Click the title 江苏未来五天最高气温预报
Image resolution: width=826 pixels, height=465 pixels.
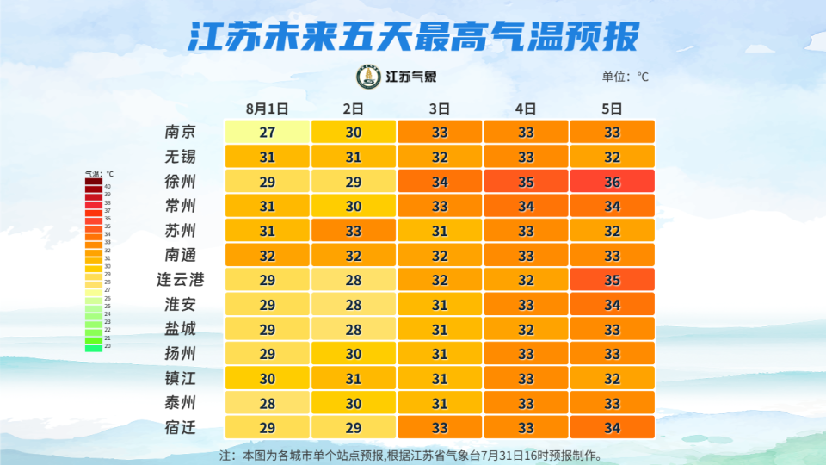pyautogui.click(x=413, y=36)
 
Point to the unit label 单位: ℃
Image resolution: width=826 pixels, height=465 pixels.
pyautogui.click(x=626, y=77)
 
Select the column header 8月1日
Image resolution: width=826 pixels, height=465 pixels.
pyautogui.click(x=267, y=108)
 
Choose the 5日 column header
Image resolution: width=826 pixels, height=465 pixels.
pyautogui.click(x=612, y=108)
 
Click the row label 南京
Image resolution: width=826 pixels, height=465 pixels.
pyautogui.click(x=180, y=132)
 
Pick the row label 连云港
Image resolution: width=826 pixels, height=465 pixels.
pyautogui.click(x=180, y=279)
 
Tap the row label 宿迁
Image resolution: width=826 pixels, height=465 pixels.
pyautogui.click(x=180, y=427)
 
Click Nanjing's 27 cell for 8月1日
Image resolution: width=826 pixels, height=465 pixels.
pyautogui.click(x=267, y=132)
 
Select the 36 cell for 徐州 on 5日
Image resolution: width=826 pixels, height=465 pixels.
pyautogui.click(x=612, y=181)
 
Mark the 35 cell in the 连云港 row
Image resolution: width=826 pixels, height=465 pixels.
pyautogui.click(x=612, y=279)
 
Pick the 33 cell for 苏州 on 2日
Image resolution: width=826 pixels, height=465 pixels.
pyautogui.click(x=353, y=230)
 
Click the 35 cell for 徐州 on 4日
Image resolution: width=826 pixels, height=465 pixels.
pyautogui.click(x=526, y=181)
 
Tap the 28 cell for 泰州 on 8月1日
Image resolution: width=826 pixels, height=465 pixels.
pyautogui.click(x=267, y=402)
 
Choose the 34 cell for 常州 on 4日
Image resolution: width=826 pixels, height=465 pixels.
pyautogui.click(x=526, y=206)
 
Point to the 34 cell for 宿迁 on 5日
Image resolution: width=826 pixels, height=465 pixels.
pyautogui.click(x=612, y=427)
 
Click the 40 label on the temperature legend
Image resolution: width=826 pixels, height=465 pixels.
pyautogui.click(x=108, y=186)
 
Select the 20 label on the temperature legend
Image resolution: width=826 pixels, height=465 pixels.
pyautogui.click(x=108, y=346)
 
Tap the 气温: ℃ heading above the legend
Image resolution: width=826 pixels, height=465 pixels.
pyautogui.click(x=99, y=174)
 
